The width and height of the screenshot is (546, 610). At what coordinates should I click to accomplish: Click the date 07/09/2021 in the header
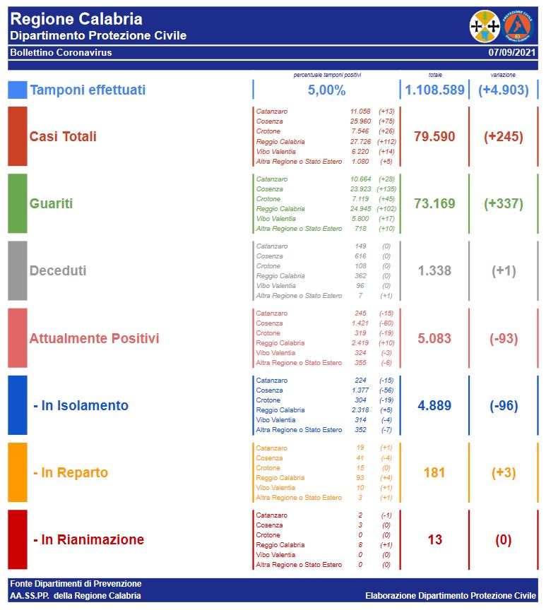tap(512, 53)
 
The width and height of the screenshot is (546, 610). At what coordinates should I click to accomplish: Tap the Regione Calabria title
tap(76, 20)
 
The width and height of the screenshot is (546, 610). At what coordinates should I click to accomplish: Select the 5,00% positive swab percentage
tap(326, 90)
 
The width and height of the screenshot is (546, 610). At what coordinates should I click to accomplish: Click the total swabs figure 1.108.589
tap(434, 90)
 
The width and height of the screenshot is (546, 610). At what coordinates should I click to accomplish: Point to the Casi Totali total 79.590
tap(434, 137)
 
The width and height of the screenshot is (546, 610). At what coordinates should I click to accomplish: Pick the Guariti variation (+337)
tap(504, 204)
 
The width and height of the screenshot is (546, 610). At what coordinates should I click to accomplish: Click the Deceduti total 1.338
tap(434, 271)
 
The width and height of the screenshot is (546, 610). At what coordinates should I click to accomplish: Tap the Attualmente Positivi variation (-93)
tap(504, 339)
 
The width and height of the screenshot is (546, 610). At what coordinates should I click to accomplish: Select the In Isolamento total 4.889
tap(434, 406)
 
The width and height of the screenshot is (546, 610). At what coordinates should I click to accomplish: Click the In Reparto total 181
tap(434, 473)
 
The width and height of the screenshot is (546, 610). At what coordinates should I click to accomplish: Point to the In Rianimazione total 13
tap(434, 540)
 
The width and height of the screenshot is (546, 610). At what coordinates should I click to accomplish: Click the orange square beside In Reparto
tap(18, 472)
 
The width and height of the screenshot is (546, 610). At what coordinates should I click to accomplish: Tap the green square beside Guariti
tap(18, 203)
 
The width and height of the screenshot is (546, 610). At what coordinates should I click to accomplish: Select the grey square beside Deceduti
tap(18, 270)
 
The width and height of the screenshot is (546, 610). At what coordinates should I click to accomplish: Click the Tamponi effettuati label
tap(88, 90)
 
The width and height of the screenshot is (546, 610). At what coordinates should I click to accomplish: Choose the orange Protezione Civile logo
tap(518, 26)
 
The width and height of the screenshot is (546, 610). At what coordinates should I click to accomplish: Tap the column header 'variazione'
tap(503, 75)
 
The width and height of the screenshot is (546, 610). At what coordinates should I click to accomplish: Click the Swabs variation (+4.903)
tap(504, 90)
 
